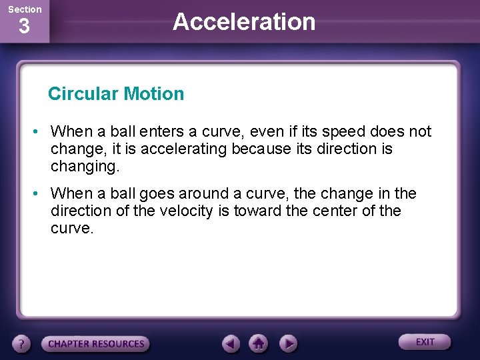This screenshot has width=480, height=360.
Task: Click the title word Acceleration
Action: coord(244,21)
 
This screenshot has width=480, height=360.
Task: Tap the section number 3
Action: coord(24,27)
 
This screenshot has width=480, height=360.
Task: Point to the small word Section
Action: coord(24,9)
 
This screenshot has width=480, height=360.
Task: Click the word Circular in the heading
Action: coord(79,94)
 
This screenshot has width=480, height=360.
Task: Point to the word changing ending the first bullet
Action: coord(83,166)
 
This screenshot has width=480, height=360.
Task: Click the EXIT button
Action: coord(425,342)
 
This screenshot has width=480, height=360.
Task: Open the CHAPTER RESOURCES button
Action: coord(96,344)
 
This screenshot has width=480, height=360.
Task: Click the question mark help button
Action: coord(22,344)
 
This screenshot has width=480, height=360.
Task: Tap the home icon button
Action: coord(259,343)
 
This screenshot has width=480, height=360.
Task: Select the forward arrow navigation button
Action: coord(287,343)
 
